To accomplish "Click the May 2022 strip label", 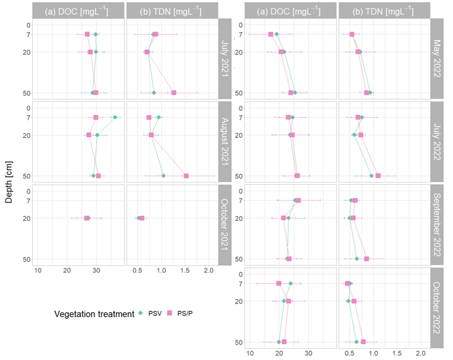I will (437, 58).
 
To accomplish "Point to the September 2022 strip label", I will (437, 224).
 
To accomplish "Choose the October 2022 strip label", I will (437, 307).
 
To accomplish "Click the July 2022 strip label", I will (437, 141).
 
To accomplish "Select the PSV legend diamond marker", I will (140, 314).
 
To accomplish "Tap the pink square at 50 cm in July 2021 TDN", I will (174, 93).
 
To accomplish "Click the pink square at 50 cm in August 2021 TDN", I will (186, 176).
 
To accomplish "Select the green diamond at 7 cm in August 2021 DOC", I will (115, 118).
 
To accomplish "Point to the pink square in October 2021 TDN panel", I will (142, 218).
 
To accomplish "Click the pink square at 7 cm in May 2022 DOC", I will (271, 34).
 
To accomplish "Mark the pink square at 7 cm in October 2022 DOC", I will (278, 283).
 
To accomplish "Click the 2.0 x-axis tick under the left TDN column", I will (209, 270).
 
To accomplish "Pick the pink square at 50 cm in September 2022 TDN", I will (366, 259).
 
